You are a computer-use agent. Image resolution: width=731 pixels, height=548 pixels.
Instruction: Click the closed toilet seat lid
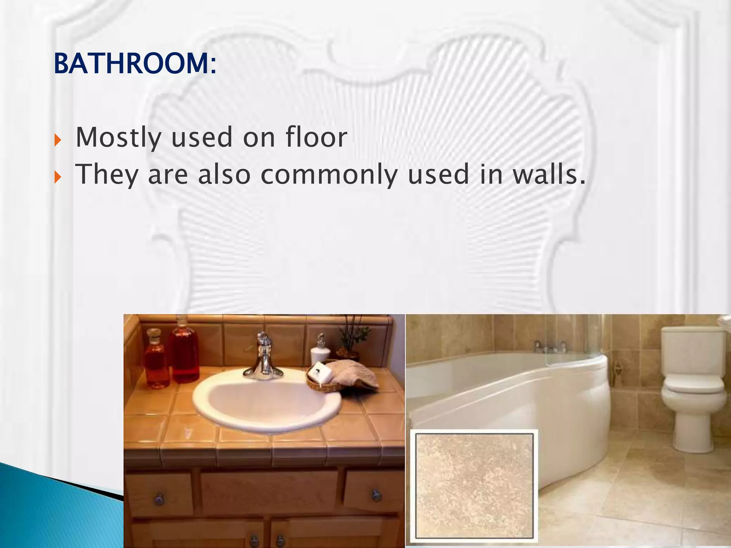692,384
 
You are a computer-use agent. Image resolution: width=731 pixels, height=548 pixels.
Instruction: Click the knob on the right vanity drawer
375,495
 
